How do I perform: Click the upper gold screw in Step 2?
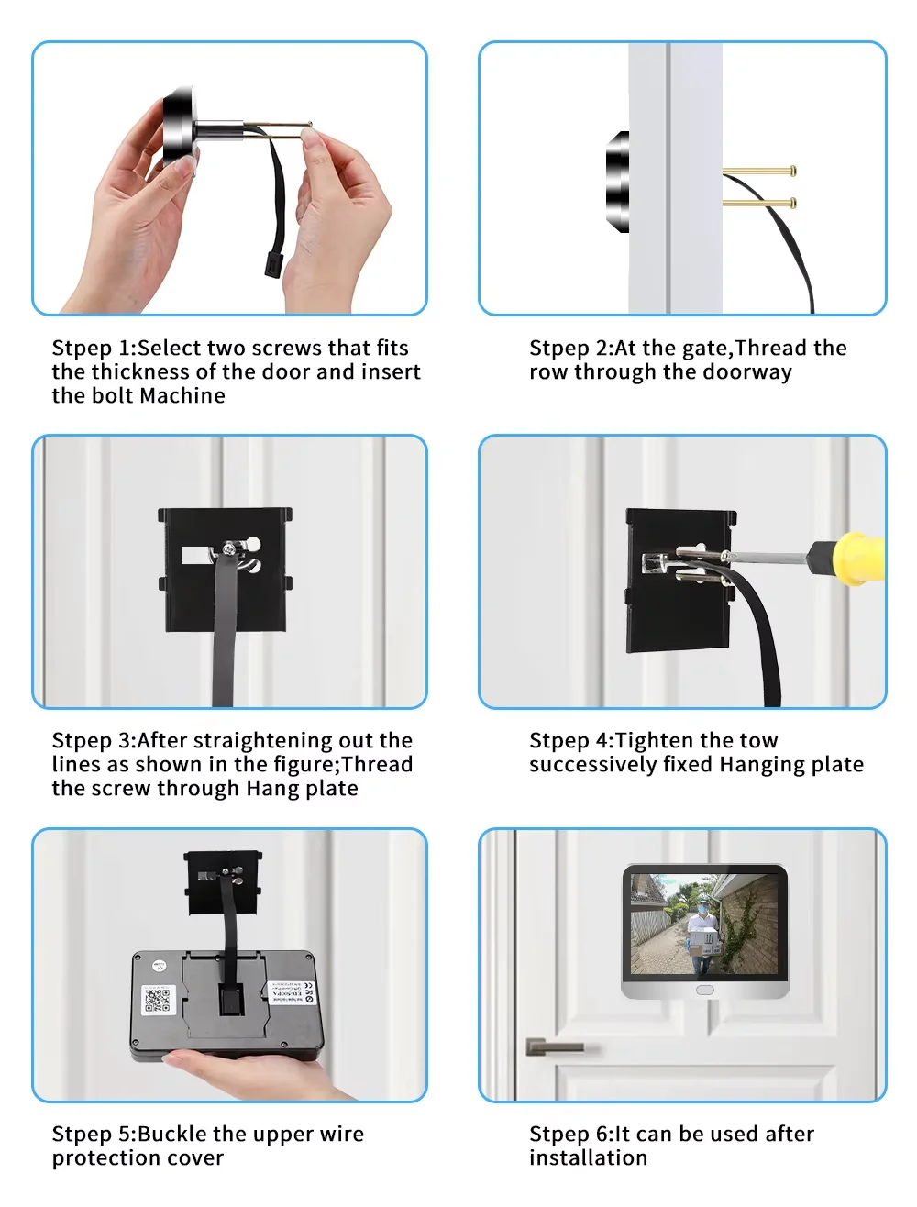[759, 171]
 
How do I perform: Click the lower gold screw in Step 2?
[759, 202]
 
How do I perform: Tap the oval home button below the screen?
[704, 991]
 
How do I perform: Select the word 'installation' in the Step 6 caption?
[588, 1158]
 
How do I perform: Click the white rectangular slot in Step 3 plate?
[195, 555]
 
